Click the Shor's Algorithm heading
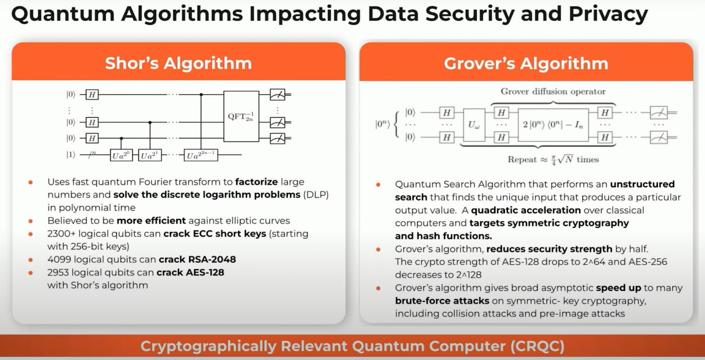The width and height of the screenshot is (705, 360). (x=178, y=63)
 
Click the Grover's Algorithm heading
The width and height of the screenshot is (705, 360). (x=526, y=63)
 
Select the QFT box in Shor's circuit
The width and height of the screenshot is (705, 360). (x=241, y=116)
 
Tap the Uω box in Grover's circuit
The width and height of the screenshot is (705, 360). (x=474, y=125)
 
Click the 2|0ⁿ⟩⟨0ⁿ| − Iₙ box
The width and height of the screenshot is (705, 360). (x=553, y=125)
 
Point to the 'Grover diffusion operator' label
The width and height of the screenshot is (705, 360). (x=553, y=92)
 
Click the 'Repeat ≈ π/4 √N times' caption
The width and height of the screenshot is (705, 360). (x=553, y=160)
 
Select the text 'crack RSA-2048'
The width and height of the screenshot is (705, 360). (x=197, y=260)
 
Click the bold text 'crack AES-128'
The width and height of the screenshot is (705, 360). (x=190, y=272)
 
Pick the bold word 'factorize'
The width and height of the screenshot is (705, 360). (x=256, y=182)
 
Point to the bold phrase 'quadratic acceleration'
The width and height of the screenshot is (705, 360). (x=526, y=210)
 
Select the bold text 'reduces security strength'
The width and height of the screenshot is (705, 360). (x=549, y=249)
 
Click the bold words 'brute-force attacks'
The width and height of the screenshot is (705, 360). (x=442, y=301)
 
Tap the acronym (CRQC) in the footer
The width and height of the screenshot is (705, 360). (x=537, y=346)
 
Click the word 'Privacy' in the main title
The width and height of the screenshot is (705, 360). (x=608, y=14)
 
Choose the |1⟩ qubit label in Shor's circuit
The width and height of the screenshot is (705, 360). (x=70, y=155)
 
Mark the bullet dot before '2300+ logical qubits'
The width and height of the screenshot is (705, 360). (x=30, y=234)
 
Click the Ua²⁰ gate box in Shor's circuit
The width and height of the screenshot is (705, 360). (x=121, y=155)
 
